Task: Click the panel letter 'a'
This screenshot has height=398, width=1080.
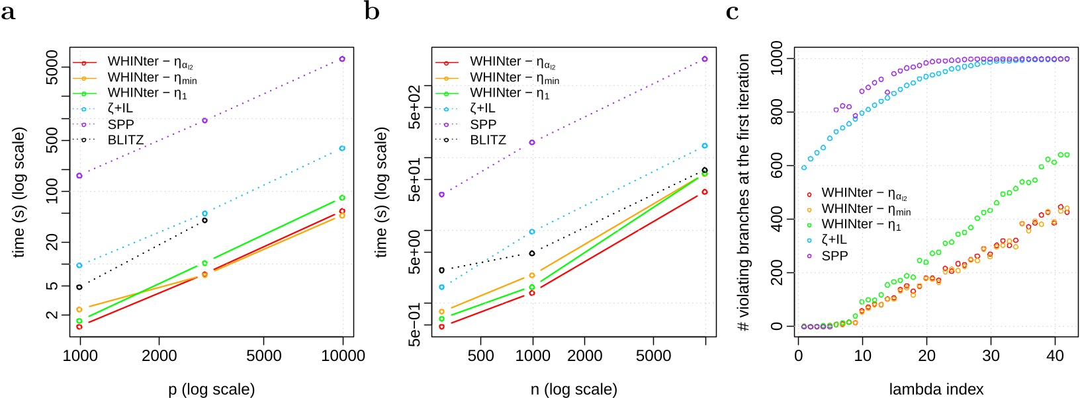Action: [8, 12]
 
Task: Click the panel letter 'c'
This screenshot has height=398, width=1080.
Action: [732, 12]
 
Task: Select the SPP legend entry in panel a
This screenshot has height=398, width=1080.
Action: [120, 124]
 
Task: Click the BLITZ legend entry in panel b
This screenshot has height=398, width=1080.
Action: [488, 140]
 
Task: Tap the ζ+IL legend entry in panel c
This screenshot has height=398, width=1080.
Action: [834, 240]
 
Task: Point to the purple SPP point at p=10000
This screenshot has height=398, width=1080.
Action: [342, 60]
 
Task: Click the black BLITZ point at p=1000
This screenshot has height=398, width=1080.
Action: [79, 287]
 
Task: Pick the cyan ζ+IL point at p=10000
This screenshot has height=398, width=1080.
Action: [342, 148]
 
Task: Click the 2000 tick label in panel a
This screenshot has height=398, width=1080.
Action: [159, 356]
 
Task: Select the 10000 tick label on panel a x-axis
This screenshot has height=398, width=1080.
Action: [343, 356]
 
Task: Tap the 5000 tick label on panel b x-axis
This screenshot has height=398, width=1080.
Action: [653, 356]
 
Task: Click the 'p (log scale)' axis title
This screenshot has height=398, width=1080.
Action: [211, 389]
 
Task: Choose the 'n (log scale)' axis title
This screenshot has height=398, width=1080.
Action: [574, 389]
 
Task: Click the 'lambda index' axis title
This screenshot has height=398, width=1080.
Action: [936, 389]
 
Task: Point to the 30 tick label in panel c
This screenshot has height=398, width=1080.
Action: [991, 356]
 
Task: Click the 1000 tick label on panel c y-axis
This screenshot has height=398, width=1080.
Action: [776, 58]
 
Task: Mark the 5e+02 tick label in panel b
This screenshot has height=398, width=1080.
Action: [414, 106]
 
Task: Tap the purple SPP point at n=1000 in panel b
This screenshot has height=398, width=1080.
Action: [532, 142]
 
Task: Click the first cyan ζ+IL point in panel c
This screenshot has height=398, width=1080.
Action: [804, 167]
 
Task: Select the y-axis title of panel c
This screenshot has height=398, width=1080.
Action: [744, 192]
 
